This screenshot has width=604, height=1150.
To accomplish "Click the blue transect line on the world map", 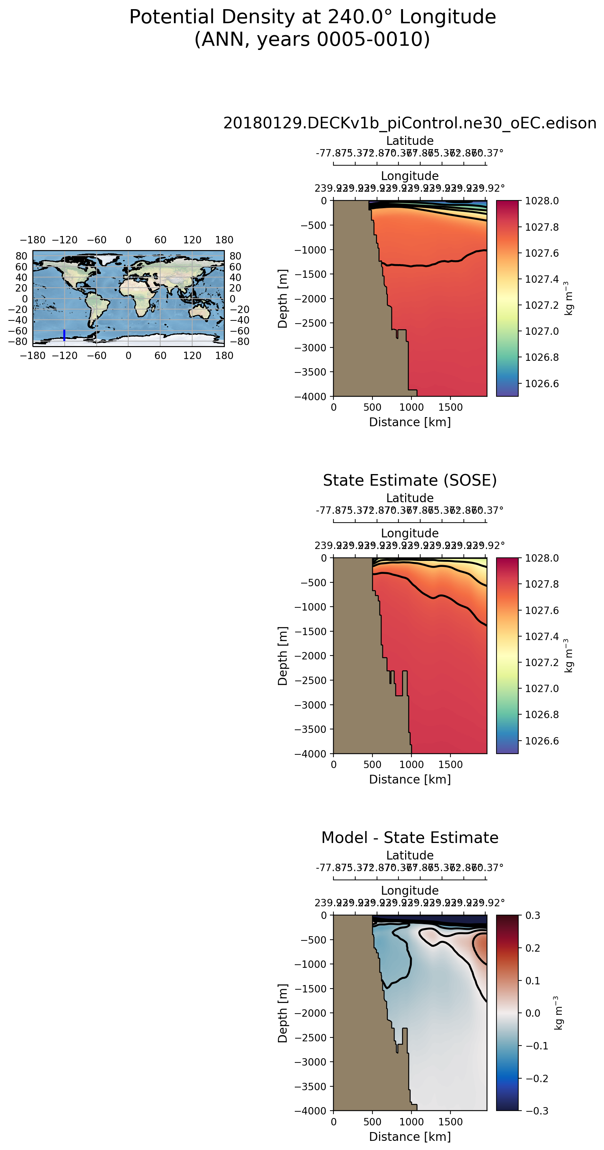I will click(64, 335).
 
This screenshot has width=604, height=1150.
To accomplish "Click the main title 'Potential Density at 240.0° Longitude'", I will click(312, 17).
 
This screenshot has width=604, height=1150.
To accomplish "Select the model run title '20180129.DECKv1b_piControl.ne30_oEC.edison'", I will click(409, 123).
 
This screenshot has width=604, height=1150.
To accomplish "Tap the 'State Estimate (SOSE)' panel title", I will click(409, 480).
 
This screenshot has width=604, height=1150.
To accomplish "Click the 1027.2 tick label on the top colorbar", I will click(541, 305).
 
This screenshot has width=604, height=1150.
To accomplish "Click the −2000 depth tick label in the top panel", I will click(311, 298).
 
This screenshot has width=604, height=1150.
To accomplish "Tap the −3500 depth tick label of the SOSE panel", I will click(311, 729).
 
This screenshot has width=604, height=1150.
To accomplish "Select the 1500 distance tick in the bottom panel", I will click(450, 1122).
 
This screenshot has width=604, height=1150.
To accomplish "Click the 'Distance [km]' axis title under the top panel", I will click(409, 422).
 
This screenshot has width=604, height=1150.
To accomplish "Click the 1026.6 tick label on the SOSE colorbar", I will click(541, 741).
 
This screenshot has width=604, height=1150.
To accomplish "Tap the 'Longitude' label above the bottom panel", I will click(409, 890).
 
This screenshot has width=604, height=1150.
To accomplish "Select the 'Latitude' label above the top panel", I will click(409, 141).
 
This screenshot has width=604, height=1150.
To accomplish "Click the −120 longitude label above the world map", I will click(64, 240).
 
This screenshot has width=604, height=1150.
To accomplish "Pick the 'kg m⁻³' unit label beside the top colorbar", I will click(568, 298).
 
